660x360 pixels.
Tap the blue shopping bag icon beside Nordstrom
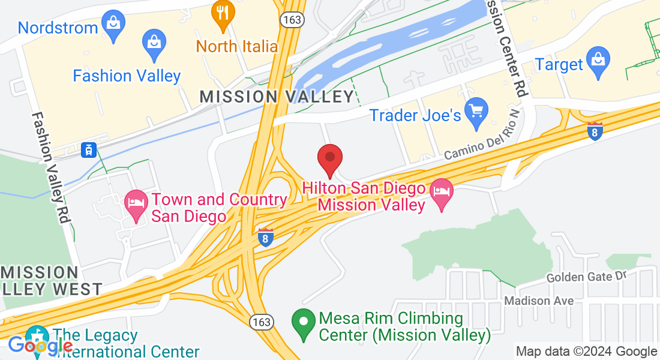point(113,24)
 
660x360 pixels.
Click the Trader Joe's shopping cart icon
point(477,112)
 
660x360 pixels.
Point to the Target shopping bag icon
point(598,61)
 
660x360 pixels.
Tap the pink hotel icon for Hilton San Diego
point(442,193)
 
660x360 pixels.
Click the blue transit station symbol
point(89,149)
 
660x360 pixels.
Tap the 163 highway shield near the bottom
point(262,322)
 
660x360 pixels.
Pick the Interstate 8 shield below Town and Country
point(266,238)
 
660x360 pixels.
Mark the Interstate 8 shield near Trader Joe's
point(594,131)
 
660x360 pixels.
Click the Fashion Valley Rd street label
point(52,169)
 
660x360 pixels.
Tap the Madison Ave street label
point(539,301)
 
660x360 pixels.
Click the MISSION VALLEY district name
point(277,96)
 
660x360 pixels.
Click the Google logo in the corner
point(40,346)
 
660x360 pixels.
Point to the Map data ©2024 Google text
point(586,352)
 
